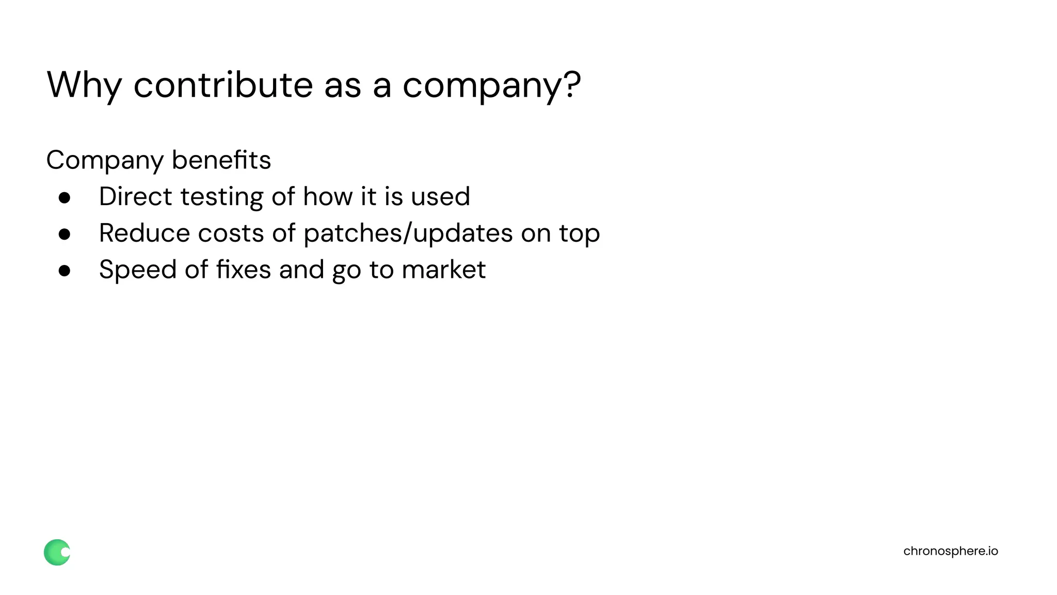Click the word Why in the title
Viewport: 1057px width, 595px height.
84,85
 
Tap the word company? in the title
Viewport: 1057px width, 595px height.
491,85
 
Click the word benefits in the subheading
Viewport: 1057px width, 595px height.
221,160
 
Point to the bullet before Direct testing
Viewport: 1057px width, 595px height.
65,198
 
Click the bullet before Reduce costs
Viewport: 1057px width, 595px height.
65,234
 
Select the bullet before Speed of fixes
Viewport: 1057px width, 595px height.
65,271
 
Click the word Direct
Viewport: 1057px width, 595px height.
135,196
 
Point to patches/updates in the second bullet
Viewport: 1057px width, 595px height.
408,233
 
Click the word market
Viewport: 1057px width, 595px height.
443,270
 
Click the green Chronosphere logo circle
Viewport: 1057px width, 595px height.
57,552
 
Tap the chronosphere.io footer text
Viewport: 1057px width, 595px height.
950,551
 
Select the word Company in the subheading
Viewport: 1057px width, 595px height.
105,160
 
